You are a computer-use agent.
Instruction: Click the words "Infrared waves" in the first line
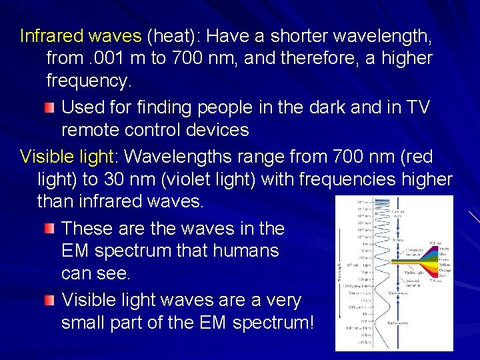click(x=81, y=35)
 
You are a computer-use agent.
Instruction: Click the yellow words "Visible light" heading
click(x=67, y=157)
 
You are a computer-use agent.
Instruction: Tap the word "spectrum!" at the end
click(x=273, y=323)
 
